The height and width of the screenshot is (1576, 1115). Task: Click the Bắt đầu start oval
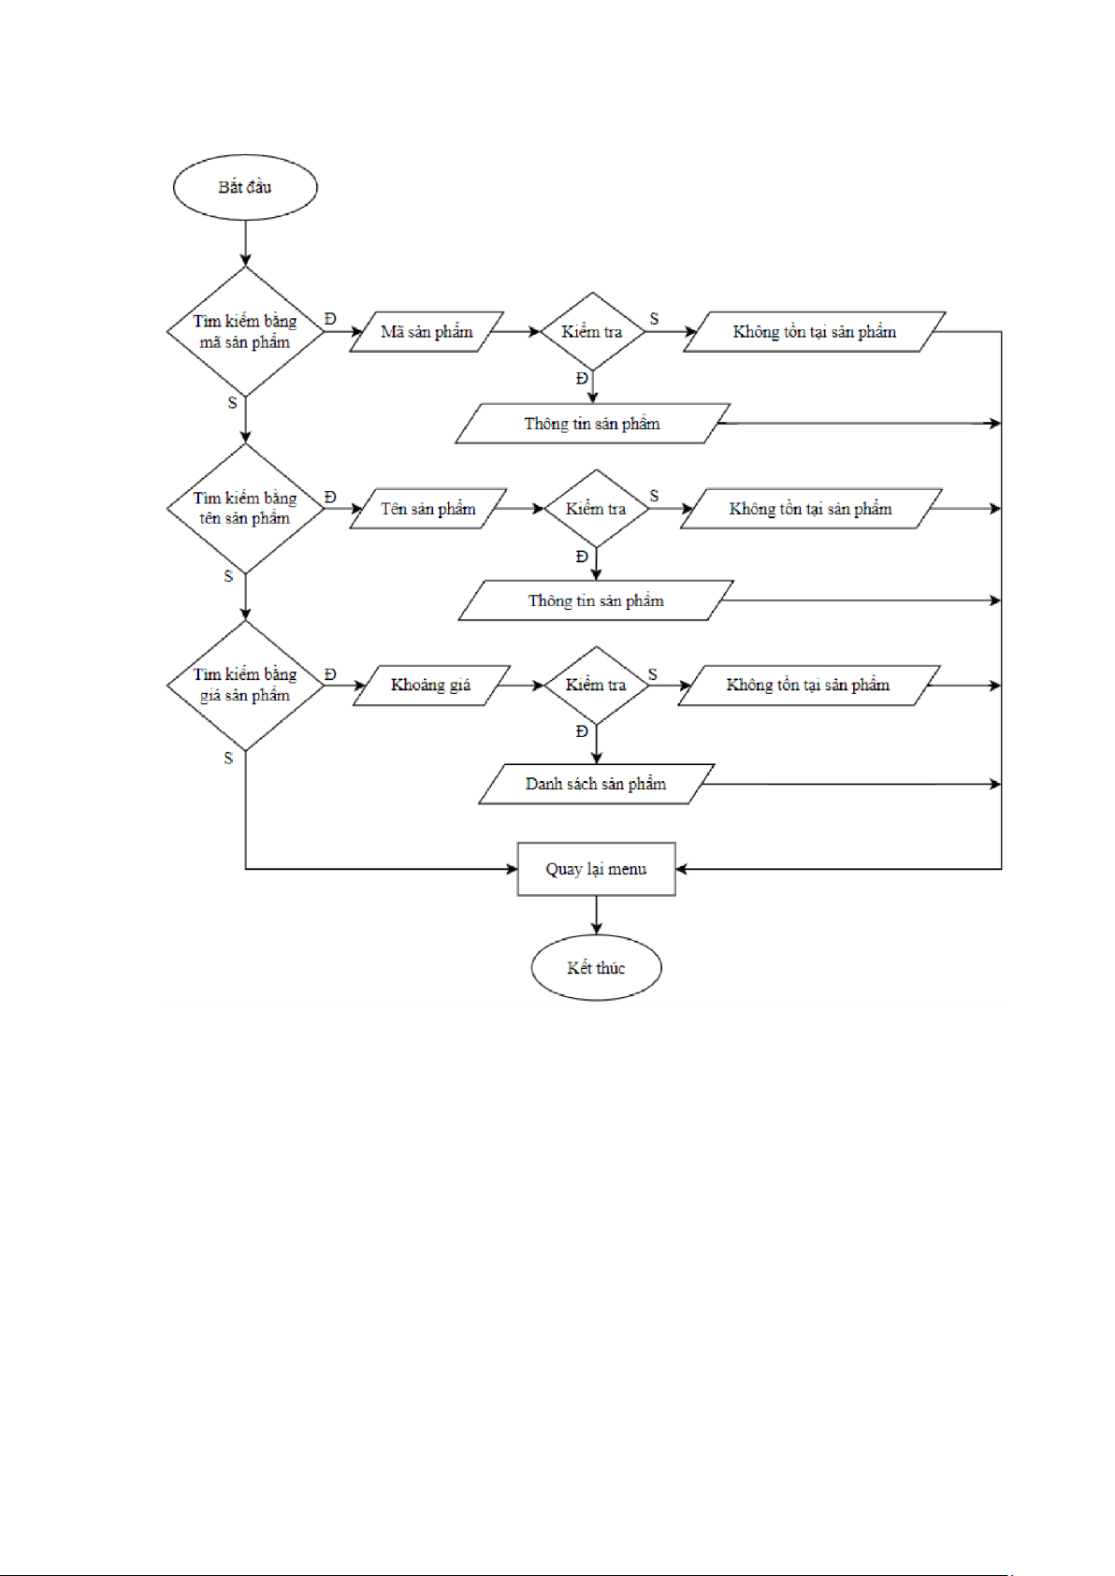(245, 187)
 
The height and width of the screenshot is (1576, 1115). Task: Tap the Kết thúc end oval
(596, 967)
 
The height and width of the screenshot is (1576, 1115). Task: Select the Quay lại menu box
(596, 869)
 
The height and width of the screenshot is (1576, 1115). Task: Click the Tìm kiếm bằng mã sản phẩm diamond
(245, 331)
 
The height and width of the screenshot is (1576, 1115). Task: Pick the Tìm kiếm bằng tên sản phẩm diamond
(245, 508)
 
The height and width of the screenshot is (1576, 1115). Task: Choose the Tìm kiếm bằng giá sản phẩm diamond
(245, 685)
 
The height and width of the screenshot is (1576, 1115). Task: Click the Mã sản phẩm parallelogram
(427, 332)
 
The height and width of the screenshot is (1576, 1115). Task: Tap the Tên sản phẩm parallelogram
(428, 509)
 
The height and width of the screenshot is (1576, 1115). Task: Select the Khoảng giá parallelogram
(431, 685)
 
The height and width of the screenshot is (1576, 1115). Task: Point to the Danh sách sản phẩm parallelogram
(596, 784)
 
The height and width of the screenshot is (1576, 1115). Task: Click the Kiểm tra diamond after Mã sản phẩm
(592, 332)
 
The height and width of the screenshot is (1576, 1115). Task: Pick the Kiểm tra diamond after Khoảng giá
(596, 685)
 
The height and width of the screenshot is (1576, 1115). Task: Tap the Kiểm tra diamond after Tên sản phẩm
(596, 509)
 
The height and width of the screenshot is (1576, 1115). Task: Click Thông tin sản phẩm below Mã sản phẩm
(592, 424)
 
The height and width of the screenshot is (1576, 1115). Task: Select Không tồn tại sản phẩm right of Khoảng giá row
(808, 685)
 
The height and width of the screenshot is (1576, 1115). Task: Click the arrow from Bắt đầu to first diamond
(245, 243)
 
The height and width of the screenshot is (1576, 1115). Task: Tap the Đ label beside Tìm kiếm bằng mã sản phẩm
(330, 319)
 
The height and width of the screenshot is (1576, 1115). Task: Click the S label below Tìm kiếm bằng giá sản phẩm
(228, 759)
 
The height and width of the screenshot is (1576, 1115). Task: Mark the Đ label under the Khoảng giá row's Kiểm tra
(582, 731)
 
